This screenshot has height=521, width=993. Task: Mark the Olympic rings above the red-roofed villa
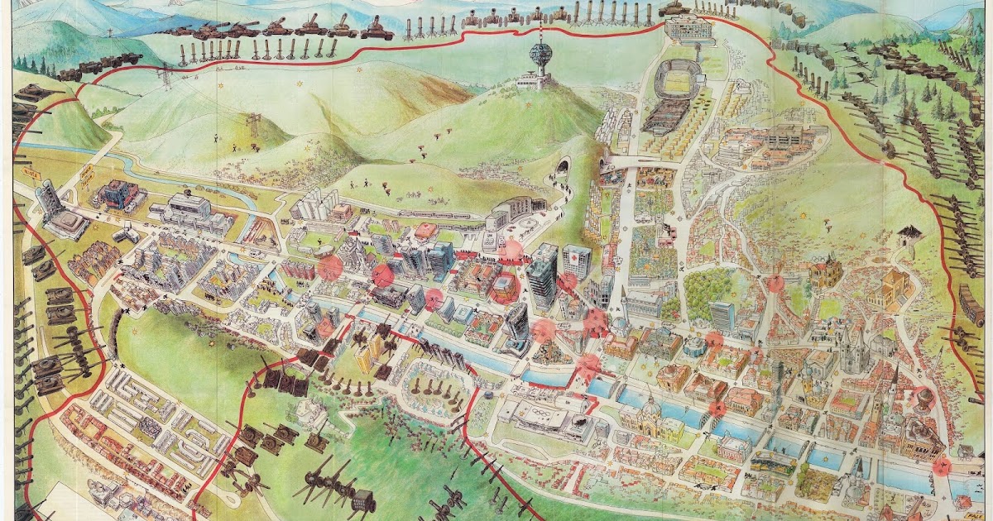coord(824,263)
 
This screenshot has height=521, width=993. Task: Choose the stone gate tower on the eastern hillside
coord(904,240)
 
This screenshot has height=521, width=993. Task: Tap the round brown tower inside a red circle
coord(921,400)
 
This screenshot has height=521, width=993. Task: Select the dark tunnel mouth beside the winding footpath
coord(564,170)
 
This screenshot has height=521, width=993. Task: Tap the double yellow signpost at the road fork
coord(84,176)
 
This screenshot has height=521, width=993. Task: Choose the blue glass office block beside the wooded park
coord(722,315)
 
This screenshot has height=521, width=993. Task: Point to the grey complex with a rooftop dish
coord(189,212)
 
